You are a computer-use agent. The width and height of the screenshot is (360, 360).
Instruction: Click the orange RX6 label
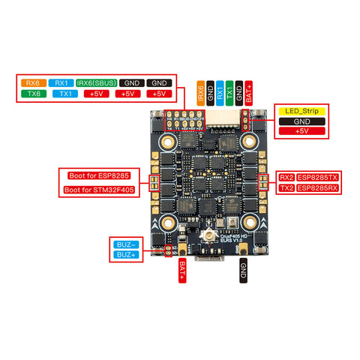32,82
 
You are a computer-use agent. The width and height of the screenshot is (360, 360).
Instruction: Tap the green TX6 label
32,94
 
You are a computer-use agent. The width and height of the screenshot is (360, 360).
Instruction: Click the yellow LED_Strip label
301,110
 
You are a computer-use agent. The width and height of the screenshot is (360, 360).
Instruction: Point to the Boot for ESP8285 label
101,176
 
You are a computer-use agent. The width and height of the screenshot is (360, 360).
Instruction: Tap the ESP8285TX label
319,177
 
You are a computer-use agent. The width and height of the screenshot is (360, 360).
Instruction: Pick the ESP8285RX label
319,188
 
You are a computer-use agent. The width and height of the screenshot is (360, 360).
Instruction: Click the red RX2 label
286,177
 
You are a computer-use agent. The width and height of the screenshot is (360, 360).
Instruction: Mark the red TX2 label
286,188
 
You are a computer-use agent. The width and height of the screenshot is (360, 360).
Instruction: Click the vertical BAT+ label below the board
182,270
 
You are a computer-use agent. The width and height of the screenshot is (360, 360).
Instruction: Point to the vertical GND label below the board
242,270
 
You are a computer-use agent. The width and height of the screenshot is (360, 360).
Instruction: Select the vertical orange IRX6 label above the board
200,92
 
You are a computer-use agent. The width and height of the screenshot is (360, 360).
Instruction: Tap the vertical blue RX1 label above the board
220,92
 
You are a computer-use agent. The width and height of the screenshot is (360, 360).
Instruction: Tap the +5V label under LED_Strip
301,131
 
